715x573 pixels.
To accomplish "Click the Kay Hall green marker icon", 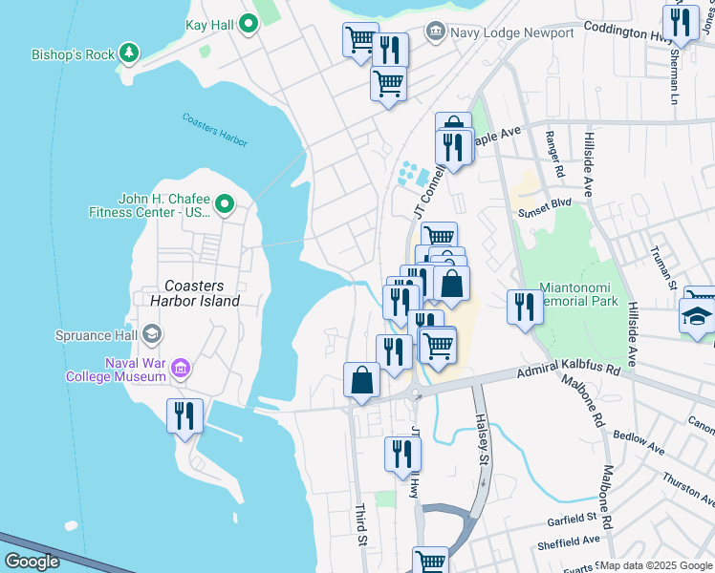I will pyautogui.click(x=249, y=24).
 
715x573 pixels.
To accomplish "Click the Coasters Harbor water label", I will pyautogui.click(x=215, y=130).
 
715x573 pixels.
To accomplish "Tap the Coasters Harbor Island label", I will pyautogui.click(x=202, y=293).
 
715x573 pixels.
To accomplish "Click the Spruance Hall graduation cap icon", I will pyautogui.click(x=152, y=335).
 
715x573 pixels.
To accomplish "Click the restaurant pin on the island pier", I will pyautogui.click(x=184, y=415).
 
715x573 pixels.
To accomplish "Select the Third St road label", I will pyautogui.click(x=361, y=526).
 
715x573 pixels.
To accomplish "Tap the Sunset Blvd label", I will pyautogui.click(x=544, y=203).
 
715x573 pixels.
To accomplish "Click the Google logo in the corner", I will pyautogui.click(x=31, y=562).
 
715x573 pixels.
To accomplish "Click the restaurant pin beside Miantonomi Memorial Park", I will pyautogui.click(x=524, y=307).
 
